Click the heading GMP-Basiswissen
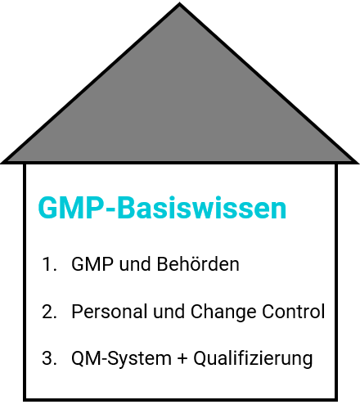point(162,208)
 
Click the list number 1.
point(49,264)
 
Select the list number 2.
point(49,312)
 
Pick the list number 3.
point(49,358)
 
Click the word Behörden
point(198,264)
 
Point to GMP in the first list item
point(92,264)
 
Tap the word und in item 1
point(135,264)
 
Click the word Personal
point(109,312)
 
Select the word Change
point(223,312)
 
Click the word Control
point(294,312)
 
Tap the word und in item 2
point(169,312)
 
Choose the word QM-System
point(121,359)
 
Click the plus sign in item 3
point(182,358)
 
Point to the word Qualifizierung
point(253,359)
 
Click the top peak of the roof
point(179,3)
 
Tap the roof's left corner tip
point(2,163)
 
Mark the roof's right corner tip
point(358,163)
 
